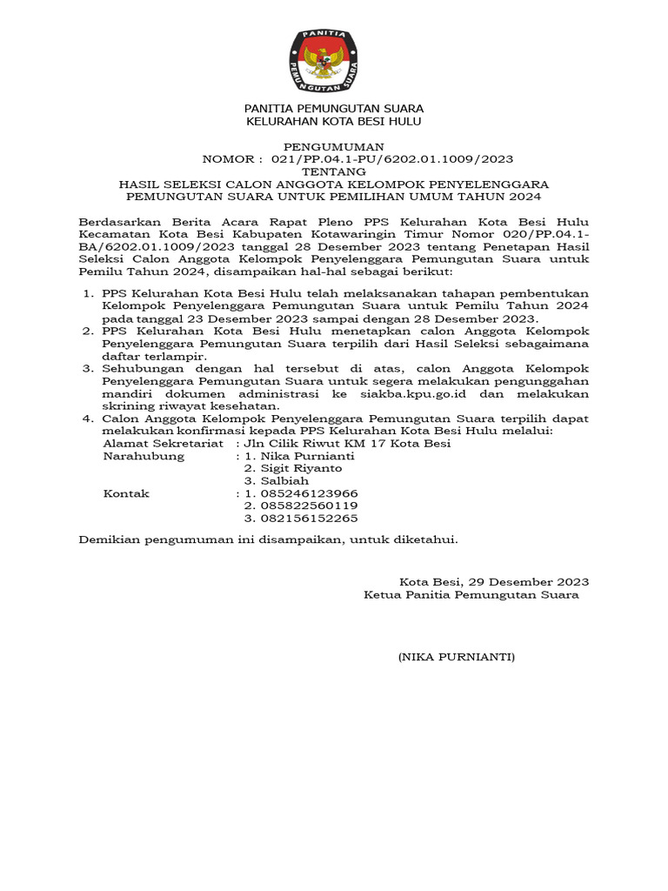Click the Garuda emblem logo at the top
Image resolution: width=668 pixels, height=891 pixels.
333,60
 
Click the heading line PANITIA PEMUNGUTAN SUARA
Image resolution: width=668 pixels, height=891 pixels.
333,109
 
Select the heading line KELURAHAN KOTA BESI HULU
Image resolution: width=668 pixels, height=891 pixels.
333,122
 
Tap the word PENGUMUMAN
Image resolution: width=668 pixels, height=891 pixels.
333,147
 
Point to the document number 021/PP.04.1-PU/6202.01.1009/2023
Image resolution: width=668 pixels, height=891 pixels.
392,159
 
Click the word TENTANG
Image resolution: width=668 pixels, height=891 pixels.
333,172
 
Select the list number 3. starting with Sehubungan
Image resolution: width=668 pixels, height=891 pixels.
90,368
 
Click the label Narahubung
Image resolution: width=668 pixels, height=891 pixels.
144,456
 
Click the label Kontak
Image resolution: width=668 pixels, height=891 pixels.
127,493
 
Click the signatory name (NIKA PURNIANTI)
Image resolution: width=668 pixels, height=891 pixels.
457,657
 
